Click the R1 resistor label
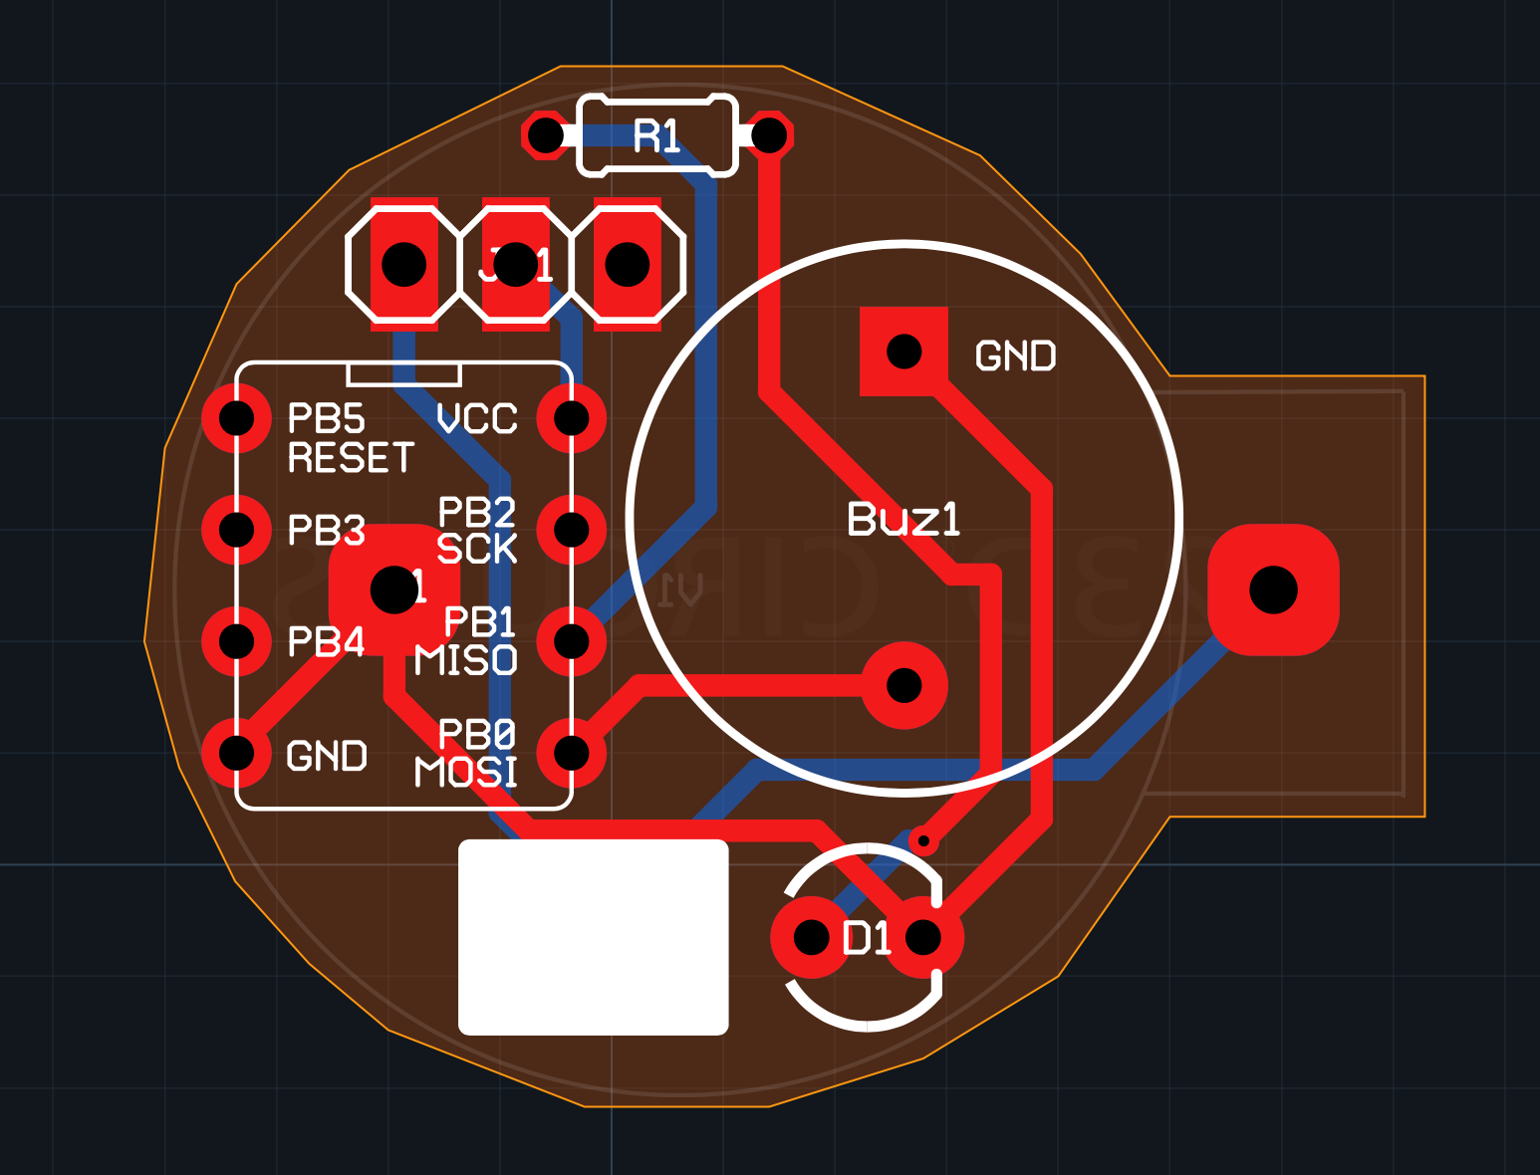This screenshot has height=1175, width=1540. click(x=656, y=136)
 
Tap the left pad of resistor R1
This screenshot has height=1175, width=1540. click(x=545, y=135)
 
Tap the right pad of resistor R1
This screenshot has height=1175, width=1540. click(x=769, y=135)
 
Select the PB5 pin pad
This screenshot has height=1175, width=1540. click(x=237, y=418)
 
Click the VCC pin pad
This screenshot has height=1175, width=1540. click(x=572, y=418)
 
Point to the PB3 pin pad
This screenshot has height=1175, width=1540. click(x=237, y=530)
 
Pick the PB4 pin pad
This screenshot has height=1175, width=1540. click(x=237, y=641)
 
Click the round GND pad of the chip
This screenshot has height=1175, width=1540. click(x=237, y=753)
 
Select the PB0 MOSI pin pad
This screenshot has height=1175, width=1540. click(x=572, y=753)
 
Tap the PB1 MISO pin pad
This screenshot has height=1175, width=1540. click(x=572, y=641)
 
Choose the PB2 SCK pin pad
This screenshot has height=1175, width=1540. click(x=572, y=530)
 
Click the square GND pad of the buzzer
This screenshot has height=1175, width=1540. click(x=903, y=352)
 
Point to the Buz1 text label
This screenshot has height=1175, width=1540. click(x=903, y=519)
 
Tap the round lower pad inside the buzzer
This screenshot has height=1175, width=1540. click(x=903, y=685)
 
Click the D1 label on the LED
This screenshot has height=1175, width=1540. click(x=867, y=938)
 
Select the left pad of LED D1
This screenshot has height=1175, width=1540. click(x=811, y=937)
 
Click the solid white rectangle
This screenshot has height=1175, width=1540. click(x=593, y=937)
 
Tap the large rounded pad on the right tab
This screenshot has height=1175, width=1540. click(x=1273, y=589)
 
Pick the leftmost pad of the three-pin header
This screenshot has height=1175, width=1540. click(x=404, y=265)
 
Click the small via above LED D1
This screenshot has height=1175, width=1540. click(x=923, y=841)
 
